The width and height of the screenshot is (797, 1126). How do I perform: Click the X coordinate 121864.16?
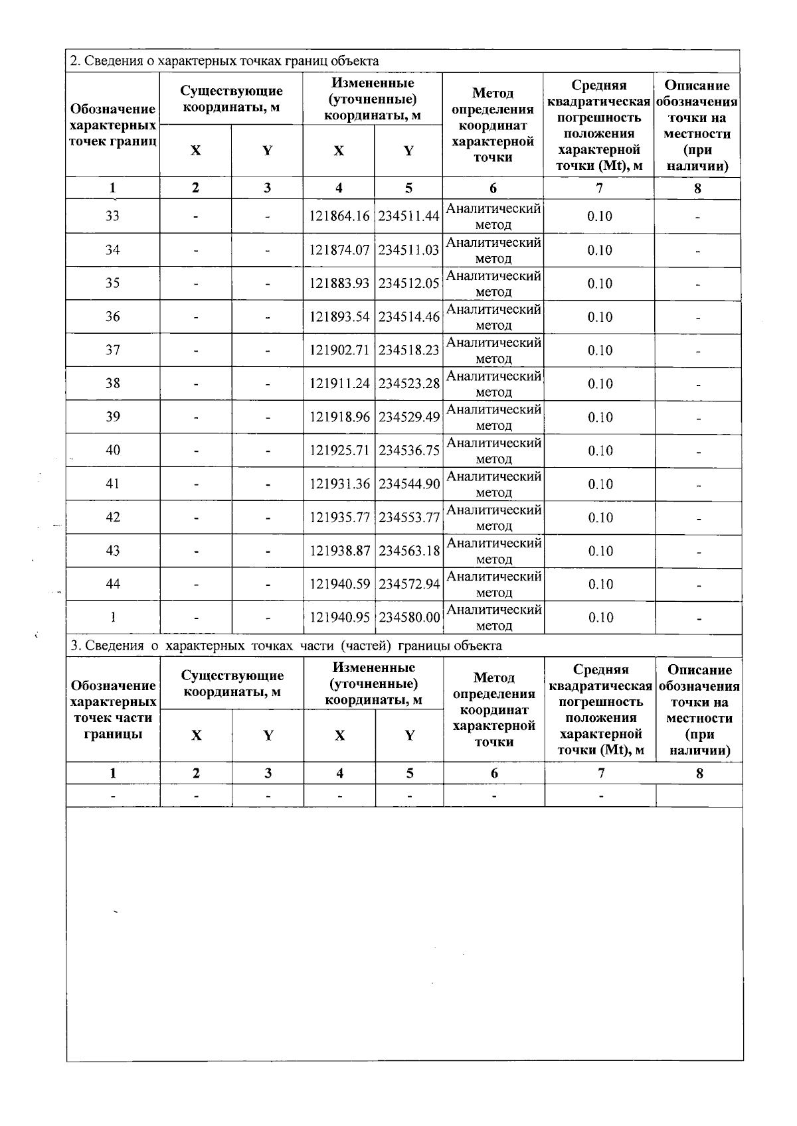pos(339,216)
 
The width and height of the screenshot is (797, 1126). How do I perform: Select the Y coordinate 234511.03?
pos(409,250)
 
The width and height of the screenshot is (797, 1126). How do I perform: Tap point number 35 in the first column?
pos(113,283)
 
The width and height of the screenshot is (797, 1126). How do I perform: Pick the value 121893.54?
pos(339,317)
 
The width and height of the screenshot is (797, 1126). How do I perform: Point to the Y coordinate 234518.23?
pos(409,350)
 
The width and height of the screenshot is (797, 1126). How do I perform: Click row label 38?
pos(113,384)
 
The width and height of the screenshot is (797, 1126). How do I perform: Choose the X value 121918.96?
pos(339,417)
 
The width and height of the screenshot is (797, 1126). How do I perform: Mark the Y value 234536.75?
pos(409,451)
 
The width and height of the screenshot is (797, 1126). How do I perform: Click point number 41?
pos(113,484)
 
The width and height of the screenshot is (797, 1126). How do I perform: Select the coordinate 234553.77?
pos(409,518)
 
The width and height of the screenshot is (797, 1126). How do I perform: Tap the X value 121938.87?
pos(339,551)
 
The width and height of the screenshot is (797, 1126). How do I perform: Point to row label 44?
pos(113,584)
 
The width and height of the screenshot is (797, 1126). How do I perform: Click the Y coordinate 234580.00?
pos(409,618)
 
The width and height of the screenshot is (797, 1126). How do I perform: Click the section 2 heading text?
pos(224,61)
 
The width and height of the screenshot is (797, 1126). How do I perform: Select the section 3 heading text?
pos(286,646)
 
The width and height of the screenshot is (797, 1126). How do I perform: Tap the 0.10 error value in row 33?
pos(600,216)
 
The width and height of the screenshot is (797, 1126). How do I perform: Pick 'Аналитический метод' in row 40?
pos(493,451)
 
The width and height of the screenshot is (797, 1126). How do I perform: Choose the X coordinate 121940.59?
pos(339,585)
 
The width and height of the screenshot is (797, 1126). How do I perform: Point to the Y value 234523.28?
pos(409,384)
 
